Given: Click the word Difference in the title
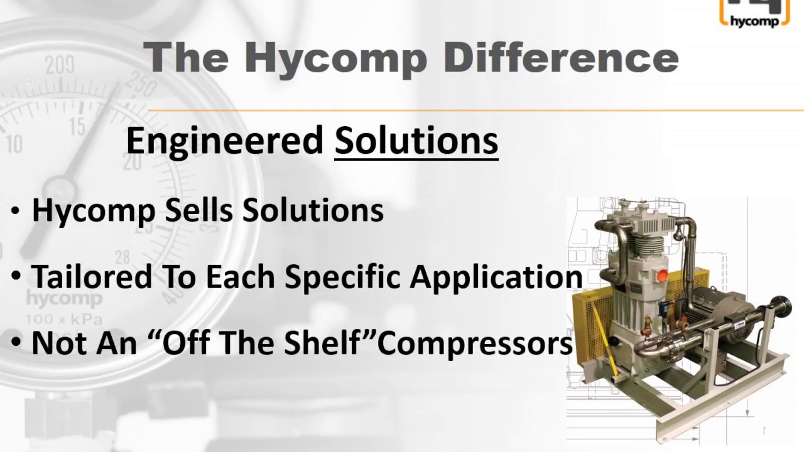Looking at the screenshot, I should tap(561, 58).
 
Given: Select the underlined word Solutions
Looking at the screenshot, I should tap(416, 141).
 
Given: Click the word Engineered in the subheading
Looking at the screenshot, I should tap(225, 141).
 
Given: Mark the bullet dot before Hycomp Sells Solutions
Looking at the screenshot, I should tap(16, 212).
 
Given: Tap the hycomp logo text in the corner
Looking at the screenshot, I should tap(753, 21).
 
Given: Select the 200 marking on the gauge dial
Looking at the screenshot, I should tap(60, 65).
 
